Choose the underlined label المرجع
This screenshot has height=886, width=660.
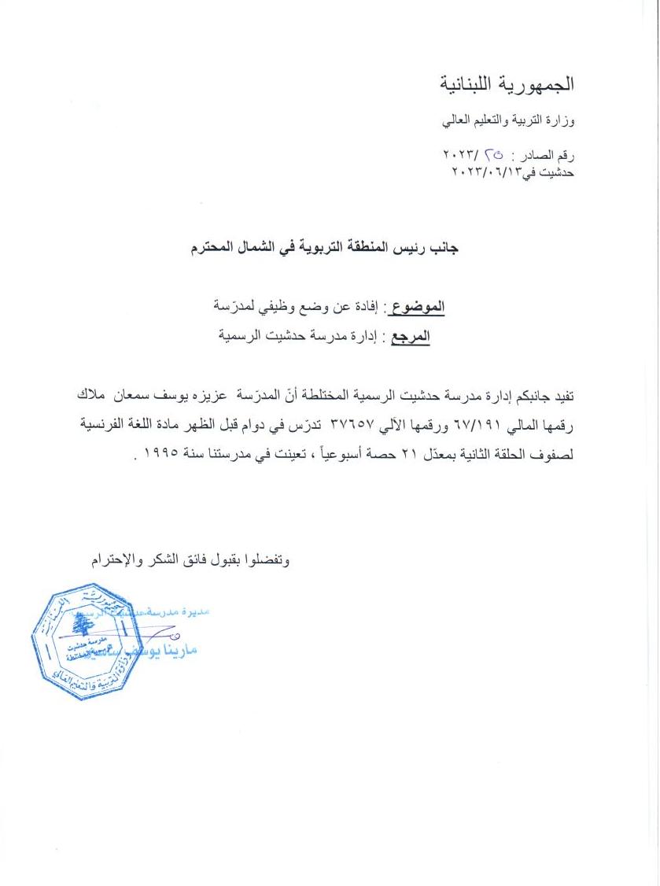(x=411, y=336)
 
